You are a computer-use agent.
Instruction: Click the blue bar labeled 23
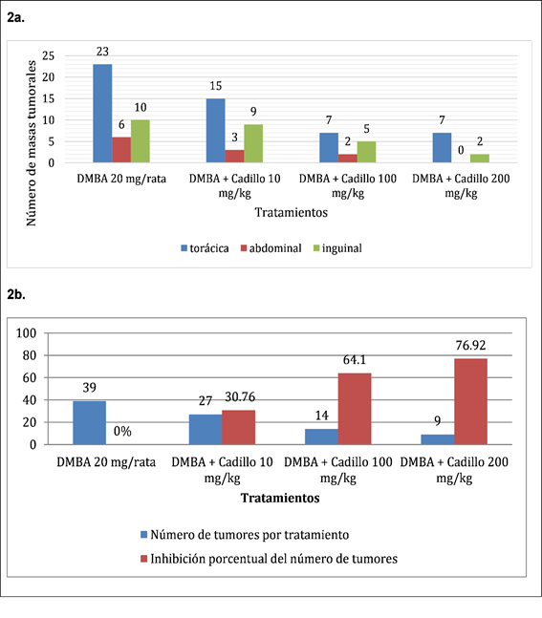(102, 113)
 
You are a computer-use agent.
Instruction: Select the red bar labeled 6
(121, 150)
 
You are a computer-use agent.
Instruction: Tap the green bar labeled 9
(253, 143)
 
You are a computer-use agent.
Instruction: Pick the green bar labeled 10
(141, 141)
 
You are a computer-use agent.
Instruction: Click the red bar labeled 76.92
(470, 401)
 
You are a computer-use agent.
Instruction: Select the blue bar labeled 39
(90, 423)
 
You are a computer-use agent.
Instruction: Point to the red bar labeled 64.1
(355, 409)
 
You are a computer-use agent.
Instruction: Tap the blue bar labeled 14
(322, 437)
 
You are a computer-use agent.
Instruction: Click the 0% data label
(122, 431)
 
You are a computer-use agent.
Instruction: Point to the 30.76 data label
(240, 396)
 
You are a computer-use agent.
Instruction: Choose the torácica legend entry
(205, 248)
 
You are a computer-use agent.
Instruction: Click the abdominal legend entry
(271, 248)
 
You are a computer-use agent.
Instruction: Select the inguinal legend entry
(337, 248)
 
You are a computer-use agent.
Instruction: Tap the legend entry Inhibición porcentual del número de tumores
(269, 559)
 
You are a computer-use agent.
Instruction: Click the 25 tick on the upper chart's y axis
(48, 55)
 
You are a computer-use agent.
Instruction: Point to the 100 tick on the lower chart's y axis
(26, 333)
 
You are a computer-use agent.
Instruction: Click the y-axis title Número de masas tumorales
(31, 143)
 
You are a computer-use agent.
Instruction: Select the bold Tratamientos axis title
(280, 498)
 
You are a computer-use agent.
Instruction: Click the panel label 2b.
(16, 294)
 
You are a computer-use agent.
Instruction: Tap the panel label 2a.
(16, 17)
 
